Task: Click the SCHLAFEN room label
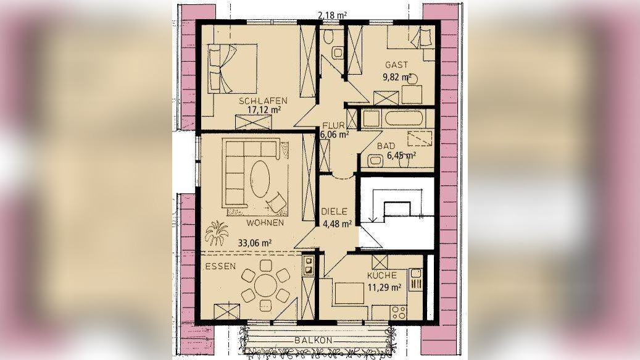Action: point(264,101)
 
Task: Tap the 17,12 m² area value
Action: point(264,109)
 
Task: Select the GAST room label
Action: point(396,64)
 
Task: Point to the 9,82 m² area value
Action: point(397,77)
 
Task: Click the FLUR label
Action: point(334,125)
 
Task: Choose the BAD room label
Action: point(386,146)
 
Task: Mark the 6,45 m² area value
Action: point(401,155)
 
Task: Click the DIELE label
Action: point(335,211)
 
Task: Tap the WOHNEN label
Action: point(265,223)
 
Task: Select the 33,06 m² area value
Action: point(255,243)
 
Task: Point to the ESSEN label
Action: point(220,267)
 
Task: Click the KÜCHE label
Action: point(381,275)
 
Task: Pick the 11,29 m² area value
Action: point(384,287)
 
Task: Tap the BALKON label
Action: point(314,340)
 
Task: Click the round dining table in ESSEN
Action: point(266,286)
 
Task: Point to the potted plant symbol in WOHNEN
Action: point(217,233)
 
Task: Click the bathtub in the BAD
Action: point(403,119)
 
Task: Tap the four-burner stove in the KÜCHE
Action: point(398,312)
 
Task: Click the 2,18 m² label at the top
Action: point(333,15)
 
